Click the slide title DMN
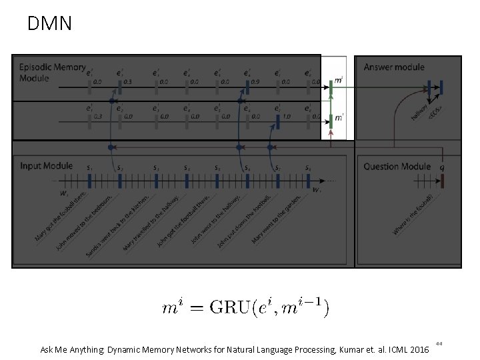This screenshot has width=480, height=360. [49, 25]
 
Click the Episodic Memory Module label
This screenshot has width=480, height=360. [52, 72]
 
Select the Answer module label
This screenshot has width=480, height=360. [394, 67]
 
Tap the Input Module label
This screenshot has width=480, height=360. [46, 165]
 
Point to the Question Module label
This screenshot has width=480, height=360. [397, 166]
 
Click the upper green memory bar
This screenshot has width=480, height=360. [331, 84]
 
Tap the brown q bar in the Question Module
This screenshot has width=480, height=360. [440, 180]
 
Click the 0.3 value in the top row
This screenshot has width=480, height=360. [128, 82]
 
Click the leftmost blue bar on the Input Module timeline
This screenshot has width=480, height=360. [89, 180]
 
